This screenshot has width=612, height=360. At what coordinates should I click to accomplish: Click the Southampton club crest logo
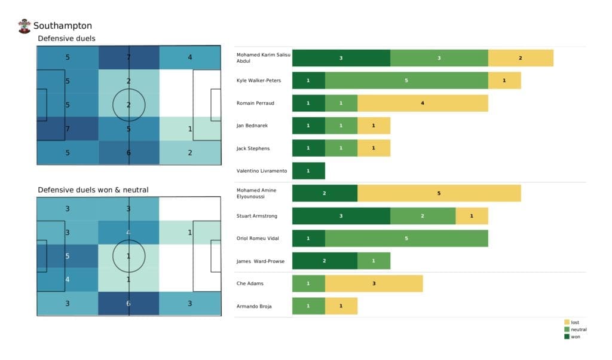pos(25,26)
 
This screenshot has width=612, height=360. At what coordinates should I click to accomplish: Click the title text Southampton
pos(63,26)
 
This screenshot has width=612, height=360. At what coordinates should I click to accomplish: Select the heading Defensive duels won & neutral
pos(93,190)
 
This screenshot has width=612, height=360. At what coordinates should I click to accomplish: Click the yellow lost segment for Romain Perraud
pos(423,103)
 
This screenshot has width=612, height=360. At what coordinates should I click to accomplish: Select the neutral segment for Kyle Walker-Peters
pos(406,80)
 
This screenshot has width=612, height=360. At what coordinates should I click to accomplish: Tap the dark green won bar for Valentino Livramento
pos(308,171)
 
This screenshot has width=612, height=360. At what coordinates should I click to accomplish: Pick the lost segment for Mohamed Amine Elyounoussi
pos(439,193)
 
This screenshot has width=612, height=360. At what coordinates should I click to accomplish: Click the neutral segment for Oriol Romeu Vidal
pos(406,239)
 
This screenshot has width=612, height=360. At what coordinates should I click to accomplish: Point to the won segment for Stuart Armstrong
pos(341,216)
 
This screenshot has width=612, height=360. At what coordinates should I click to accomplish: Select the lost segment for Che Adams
pos(374,283)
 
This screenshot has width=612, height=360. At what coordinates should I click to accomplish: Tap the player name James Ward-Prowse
pos(261,261)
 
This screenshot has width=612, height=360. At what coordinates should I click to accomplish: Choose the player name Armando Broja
pos(254,306)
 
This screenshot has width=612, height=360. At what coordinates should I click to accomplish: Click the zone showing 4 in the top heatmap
pos(190,57)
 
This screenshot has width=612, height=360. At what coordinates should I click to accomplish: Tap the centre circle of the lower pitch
pos(129,256)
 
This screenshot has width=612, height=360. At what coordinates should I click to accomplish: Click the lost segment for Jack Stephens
pos(374,148)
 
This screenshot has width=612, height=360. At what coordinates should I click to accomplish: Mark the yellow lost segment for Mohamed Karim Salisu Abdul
pos(520,58)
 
